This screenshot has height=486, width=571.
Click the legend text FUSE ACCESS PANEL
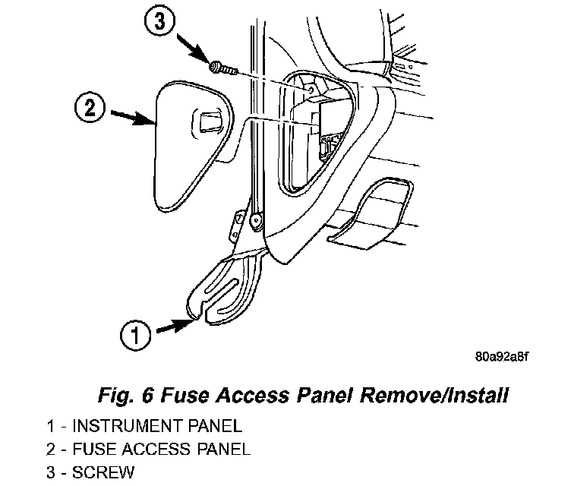pyautogui.click(x=161, y=450)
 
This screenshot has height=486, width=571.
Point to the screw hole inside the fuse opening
pyautogui.click(x=310, y=89)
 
